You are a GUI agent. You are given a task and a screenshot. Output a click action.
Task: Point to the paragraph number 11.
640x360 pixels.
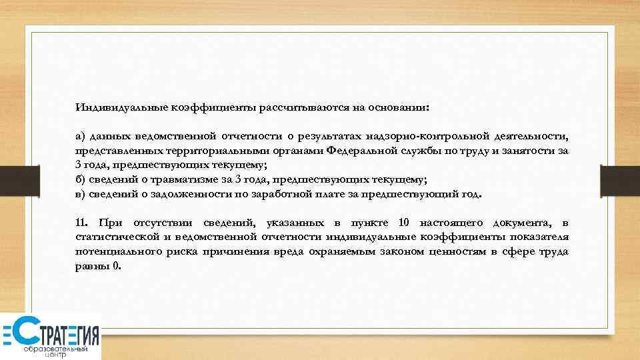point(81,223)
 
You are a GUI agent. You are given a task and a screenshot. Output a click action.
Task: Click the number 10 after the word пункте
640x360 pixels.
point(403,223)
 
